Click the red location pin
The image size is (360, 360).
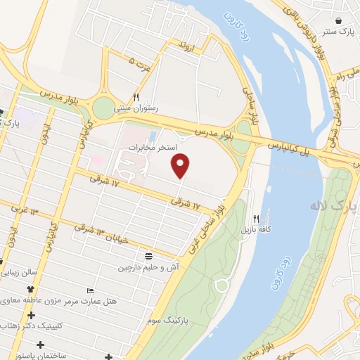181,165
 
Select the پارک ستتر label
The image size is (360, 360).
339,32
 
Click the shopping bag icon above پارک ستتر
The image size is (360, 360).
340,20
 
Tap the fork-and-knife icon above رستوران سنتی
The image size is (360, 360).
137,98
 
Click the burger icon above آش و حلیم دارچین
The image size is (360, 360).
148,257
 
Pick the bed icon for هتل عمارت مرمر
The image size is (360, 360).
89,292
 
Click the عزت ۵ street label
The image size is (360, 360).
141,63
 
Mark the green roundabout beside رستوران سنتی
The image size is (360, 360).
103,108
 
